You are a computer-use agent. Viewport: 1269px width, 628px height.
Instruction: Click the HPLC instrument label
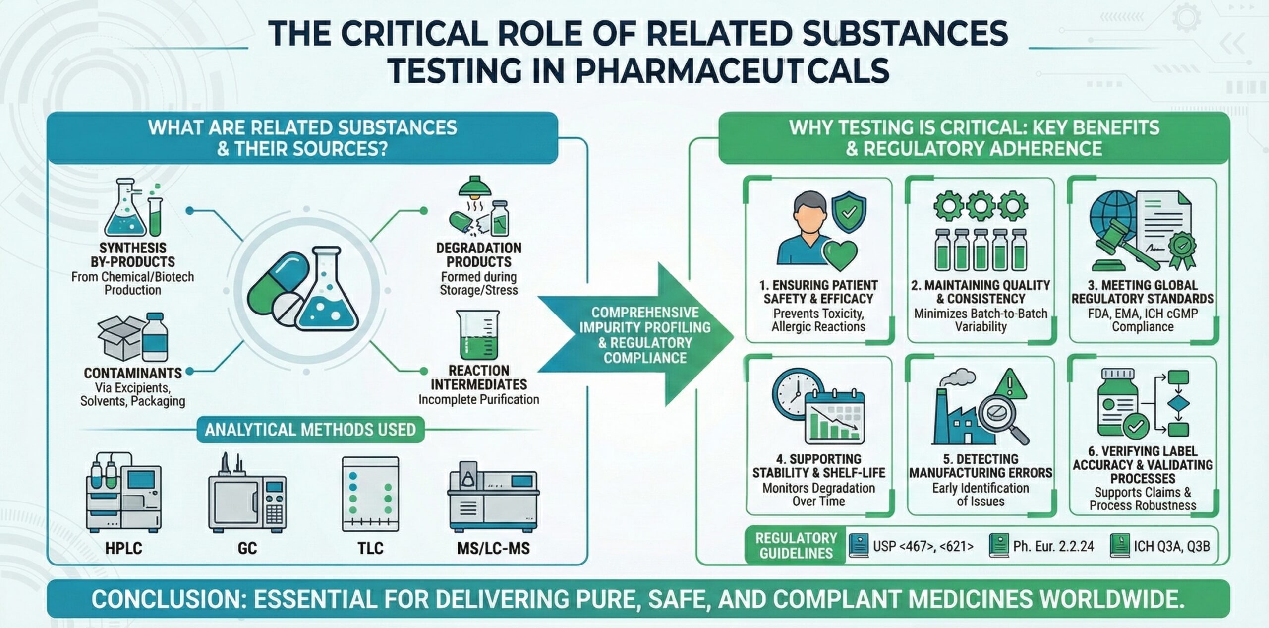(123, 548)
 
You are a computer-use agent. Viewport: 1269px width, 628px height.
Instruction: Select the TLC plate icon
(370, 494)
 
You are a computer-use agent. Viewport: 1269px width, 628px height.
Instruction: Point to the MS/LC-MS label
(493, 548)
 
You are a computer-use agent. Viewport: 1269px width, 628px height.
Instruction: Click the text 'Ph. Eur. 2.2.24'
(1053, 546)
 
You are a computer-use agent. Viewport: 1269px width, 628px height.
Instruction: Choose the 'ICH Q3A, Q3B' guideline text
(1172, 546)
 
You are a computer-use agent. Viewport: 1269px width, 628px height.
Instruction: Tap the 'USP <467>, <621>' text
(923, 546)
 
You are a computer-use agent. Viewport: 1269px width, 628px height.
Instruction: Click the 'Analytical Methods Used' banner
(310, 430)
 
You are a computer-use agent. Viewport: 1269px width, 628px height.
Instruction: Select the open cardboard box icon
(119, 337)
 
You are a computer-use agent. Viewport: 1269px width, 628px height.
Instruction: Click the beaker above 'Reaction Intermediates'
(478, 335)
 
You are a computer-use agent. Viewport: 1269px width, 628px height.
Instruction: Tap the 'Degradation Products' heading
(478, 254)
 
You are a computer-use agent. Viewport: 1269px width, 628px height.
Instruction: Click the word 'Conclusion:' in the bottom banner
(169, 599)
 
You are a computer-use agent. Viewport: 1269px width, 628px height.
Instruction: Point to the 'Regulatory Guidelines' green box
(796, 546)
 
